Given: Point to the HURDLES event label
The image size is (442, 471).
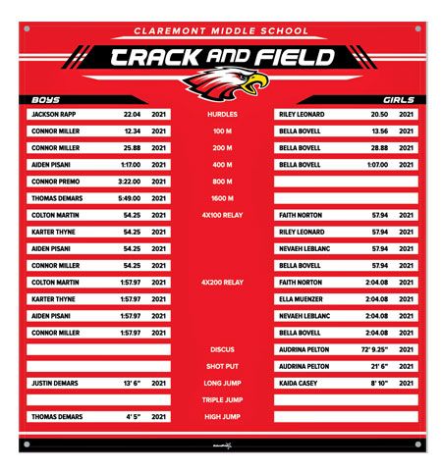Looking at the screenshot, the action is pyautogui.click(x=221, y=115).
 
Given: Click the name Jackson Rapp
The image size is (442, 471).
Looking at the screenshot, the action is pyautogui.click(x=54, y=115).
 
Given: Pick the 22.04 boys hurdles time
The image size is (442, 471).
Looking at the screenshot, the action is pyautogui.click(x=132, y=115).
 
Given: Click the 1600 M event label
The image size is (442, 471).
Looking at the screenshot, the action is pyautogui.click(x=221, y=198).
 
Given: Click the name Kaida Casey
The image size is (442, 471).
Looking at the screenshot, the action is pyautogui.click(x=298, y=383).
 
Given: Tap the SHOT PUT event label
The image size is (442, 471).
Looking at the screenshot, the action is pyautogui.click(x=222, y=366).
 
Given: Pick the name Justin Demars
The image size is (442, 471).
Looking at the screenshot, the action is pyautogui.click(x=55, y=383).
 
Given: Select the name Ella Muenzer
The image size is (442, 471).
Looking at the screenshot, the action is pyautogui.click(x=301, y=299).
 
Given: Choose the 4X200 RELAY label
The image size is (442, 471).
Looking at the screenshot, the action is pyautogui.click(x=221, y=283).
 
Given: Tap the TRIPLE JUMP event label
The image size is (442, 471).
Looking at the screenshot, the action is pyautogui.click(x=222, y=399).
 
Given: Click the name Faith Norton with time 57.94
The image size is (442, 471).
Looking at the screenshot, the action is pyautogui.click(x=302, y=215).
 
